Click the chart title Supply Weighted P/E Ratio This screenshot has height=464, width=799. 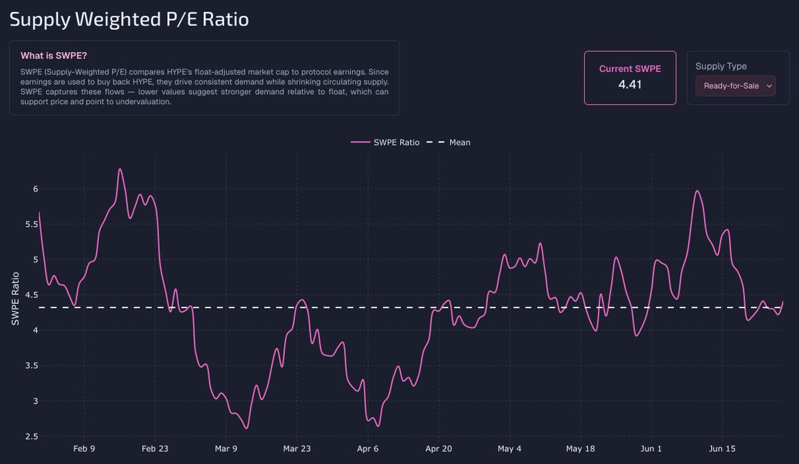[x=129, y=19]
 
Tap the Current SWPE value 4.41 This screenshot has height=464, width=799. [x=630, y=85]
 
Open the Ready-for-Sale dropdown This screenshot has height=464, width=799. [x=735, y=86]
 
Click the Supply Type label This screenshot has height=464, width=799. [x=721, y=66]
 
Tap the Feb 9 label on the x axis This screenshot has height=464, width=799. [x=84, y=449]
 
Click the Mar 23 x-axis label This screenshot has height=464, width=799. [x=297, y=449]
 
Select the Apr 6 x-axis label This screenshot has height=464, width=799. [x=368, y=449]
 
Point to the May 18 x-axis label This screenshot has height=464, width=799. [x=581, y=449]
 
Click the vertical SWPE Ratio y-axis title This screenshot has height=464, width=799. [x=15, y=299]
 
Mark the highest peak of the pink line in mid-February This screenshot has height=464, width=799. [x=120, y=169]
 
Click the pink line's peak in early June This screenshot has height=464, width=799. [x=697, y=191]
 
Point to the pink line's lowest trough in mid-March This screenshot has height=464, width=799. [x=246, y=428]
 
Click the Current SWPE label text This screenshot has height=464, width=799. [x=630, y=69]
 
